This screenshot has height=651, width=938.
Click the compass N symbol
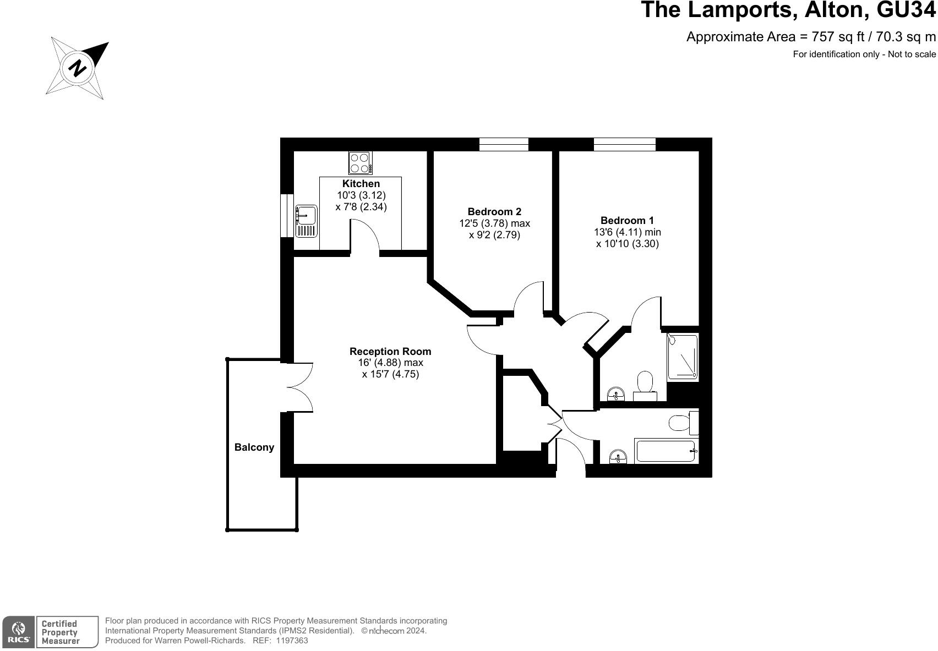point(78,68)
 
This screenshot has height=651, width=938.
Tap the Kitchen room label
point(361,184)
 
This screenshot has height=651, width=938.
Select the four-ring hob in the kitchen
point(361,163)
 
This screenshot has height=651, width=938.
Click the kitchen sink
point(306,221)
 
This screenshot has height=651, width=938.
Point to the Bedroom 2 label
point(494,211)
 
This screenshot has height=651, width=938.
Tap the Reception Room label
point(390,351)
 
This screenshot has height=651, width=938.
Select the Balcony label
point(254,447)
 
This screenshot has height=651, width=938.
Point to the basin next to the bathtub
point(618,457)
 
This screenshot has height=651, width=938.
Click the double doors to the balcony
point(300,387)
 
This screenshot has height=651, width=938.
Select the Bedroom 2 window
point(504,144)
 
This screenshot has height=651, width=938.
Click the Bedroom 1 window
point(625,144)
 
